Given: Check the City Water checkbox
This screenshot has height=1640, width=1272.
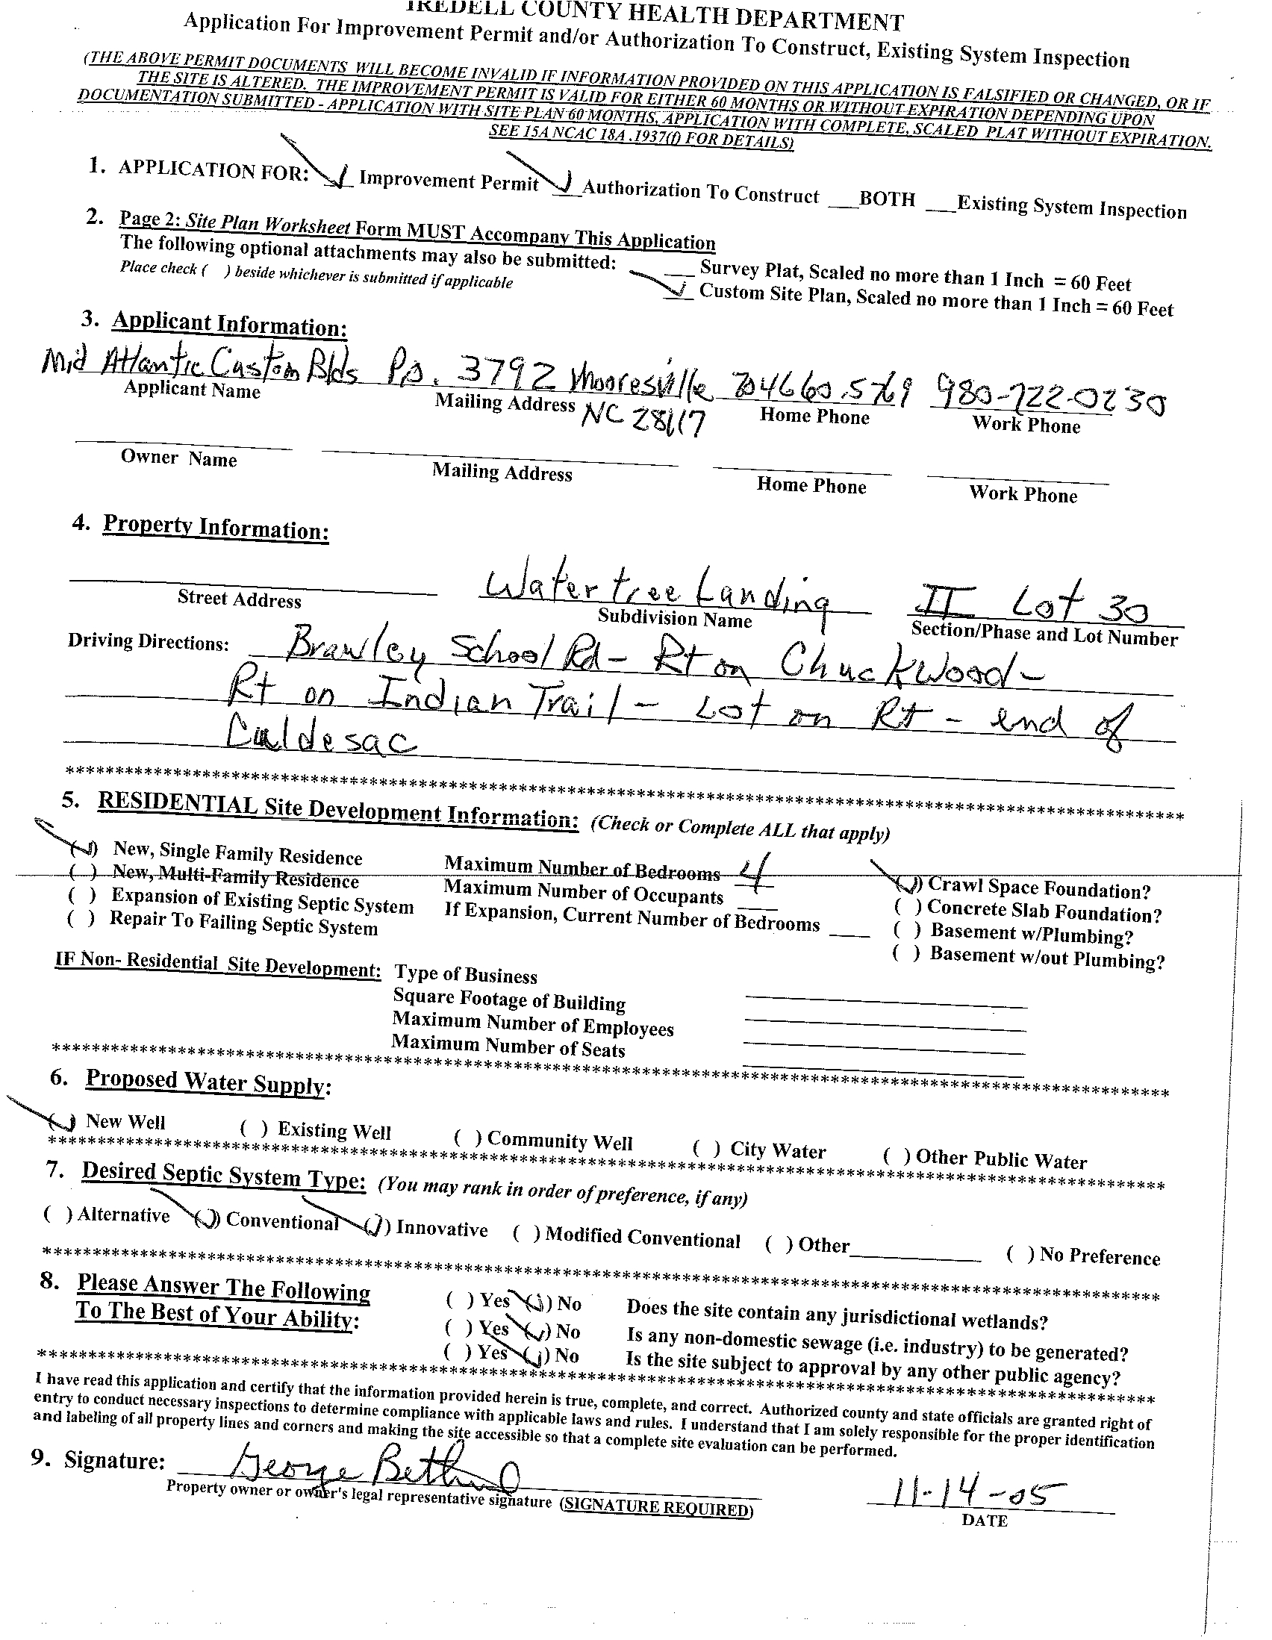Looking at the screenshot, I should [707, 1148].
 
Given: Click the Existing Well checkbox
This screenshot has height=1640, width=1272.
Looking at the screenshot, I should [254, 1128].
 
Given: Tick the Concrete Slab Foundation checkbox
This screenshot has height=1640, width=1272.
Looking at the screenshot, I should [907, 907].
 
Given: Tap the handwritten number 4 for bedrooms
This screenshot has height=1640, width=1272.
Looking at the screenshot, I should [750, 873].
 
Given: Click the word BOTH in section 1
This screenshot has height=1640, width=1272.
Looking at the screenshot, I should [887, 199].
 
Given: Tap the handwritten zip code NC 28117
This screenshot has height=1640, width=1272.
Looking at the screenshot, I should [643, 421].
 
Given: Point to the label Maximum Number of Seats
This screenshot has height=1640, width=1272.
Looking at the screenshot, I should [508, 1045].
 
